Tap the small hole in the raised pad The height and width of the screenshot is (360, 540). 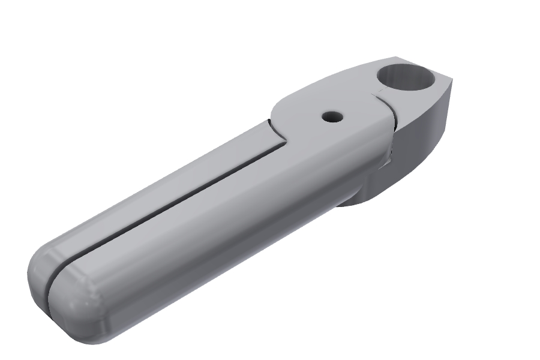click(x=331, y=116)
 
